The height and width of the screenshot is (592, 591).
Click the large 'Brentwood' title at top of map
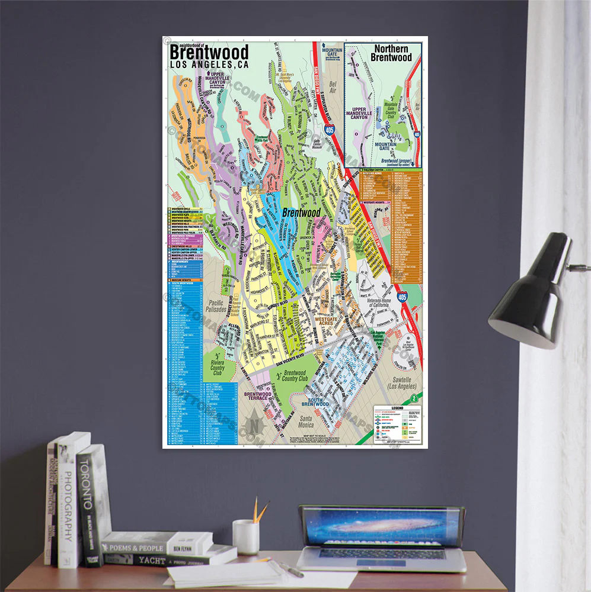(x=209, y=53)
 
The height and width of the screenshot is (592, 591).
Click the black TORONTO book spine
(x=88, y=503)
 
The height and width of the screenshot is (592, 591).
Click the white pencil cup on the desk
(x=246, y=536)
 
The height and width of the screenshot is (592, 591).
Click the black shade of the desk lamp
(x=525, y=293)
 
